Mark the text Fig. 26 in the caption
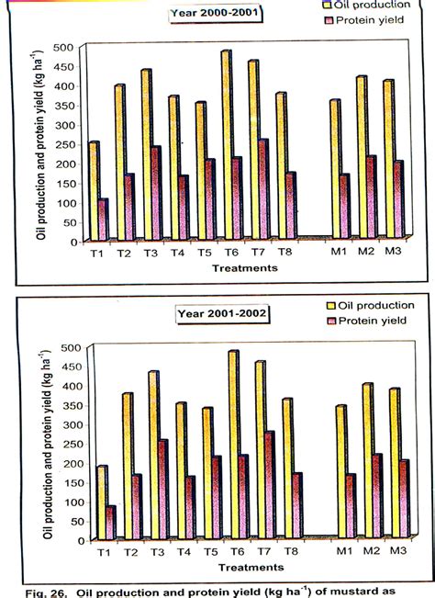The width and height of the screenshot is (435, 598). pos(46,591)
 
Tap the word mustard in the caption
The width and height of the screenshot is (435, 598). pos(353,591)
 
